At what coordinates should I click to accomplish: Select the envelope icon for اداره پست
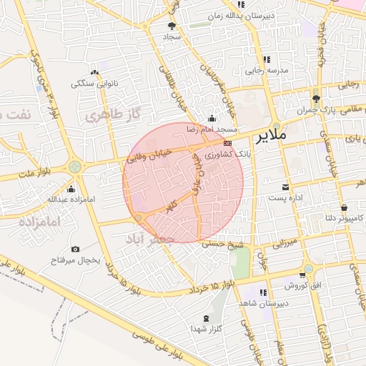[285, 186]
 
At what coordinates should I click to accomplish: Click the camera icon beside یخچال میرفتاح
[76, 249]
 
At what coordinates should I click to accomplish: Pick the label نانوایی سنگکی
[94, 83]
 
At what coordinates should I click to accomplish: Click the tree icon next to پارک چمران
[316, 99]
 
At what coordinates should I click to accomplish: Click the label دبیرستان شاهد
[268, 303]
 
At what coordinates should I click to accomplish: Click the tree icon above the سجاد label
[172, 26]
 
